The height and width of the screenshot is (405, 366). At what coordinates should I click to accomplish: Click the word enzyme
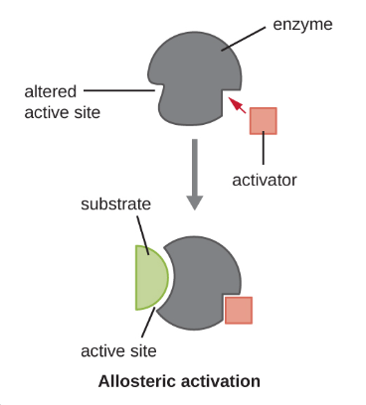(302, 25)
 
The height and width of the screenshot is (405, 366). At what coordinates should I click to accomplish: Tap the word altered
(51, 91)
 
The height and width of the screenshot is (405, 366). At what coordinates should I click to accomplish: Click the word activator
(265, 181)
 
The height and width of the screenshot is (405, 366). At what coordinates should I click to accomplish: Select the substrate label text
(115, 203)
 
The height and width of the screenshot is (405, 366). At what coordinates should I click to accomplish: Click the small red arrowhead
(236, 104)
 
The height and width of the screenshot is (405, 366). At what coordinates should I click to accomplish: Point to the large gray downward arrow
(195, 175)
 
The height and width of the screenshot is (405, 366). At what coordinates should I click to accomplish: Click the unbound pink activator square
(264, 121)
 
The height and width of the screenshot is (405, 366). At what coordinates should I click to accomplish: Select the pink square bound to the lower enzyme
(239, 310)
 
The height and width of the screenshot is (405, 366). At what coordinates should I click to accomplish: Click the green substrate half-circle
(150, 278)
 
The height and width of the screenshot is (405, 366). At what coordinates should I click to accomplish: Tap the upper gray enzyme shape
(195, 78)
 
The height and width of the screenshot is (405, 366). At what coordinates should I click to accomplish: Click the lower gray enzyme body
(202, 283)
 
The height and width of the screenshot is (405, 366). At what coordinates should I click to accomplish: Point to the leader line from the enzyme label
(244, 39)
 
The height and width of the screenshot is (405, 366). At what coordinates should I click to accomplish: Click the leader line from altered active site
(119, 90)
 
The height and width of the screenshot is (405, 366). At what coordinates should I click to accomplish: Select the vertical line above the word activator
(264, 148)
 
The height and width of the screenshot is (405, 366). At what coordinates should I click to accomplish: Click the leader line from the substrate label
(143, 235)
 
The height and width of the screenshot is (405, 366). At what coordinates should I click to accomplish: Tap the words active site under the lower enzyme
(118, 351)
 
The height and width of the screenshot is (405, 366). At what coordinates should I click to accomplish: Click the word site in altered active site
(88, 112)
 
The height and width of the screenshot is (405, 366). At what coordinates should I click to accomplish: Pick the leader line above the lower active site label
(148, 323)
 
